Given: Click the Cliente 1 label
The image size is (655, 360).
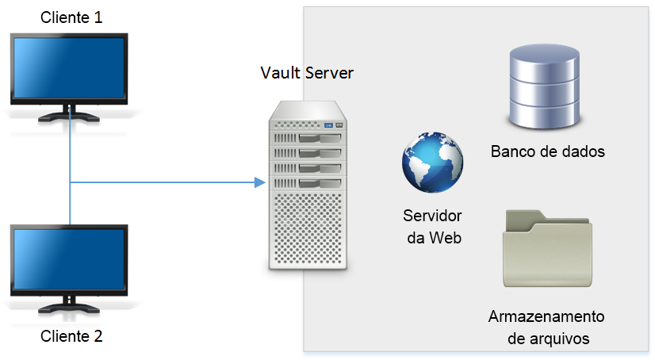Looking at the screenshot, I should [71, 17].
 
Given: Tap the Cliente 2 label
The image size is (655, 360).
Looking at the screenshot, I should [71, 335].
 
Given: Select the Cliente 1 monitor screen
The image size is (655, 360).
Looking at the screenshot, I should [70, 69].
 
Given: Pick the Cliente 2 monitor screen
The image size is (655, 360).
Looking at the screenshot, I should [70, 261].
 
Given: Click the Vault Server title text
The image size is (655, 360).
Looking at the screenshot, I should [307, 73].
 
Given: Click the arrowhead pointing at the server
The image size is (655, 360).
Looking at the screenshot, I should [259, 183].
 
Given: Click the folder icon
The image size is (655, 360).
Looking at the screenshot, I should [547, 250].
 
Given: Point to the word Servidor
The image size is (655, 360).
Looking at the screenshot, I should [432, 216].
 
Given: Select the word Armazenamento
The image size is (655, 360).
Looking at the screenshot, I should [547, 317].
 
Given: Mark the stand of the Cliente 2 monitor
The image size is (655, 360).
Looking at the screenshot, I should [69, 306].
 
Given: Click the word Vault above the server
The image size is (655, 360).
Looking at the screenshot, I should [279, 73].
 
